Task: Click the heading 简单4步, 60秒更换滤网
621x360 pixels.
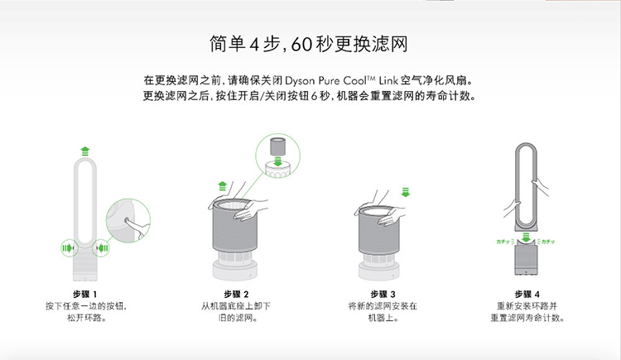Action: (309, 44)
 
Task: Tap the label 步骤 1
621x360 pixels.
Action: (84, 295)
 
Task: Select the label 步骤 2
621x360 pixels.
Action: (236, 295)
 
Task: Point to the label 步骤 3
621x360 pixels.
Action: (383, 295)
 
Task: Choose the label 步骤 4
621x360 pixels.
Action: (527, 295)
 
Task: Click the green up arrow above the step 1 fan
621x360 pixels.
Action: (85, 151)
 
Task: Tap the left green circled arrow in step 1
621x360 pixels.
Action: (69, 248)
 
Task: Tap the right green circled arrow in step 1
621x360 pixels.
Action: (101, 248)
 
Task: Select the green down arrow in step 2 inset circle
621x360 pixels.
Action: (277, 161)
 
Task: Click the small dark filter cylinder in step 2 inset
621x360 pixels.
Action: (277, 147)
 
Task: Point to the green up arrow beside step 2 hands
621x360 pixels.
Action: (223, 185)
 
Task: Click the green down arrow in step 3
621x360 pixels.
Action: (405, 192)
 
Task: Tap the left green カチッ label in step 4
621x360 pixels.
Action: (503, 242)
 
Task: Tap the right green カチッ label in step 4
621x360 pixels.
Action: (548, 242)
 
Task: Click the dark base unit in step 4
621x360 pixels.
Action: (526, 259)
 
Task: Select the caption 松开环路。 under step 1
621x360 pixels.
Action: (86, 318)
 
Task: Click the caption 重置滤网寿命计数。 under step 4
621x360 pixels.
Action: (527, 318)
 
